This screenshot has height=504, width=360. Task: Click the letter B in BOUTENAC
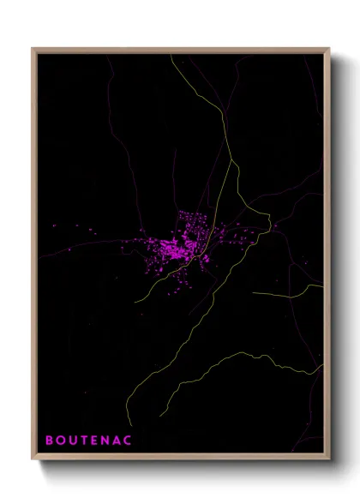click(x=48, y=441)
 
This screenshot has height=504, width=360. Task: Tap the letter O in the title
click(x=60, y=441)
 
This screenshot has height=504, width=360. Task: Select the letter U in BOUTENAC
click(x=73, y=441)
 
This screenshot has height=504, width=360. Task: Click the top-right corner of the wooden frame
click(x=330, y=48)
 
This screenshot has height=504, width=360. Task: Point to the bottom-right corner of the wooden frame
click(x=330, y=461)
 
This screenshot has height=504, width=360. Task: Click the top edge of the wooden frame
click(x=181, y=50)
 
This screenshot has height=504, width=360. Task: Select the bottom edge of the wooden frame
click(x=181, y=459)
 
